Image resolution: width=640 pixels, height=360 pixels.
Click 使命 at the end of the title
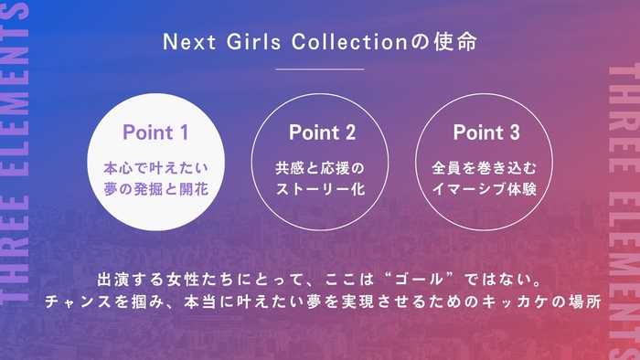pos(457,43)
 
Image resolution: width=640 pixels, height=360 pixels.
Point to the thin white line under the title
pos(319,69)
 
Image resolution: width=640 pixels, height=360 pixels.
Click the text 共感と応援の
pos(320,168)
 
